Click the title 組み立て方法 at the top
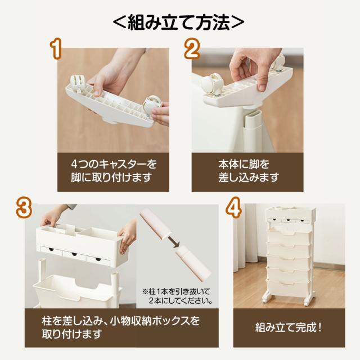[x=179, y=22]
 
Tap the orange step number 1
[x=56, y=48]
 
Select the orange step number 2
[x=192, y=48]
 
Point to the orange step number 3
[x=24, y=208]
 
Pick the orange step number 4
[x=233, y=208]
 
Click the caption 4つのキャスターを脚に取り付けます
[x=114, y=171]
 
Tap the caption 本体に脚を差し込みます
[x=249, y=171]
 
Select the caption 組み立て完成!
[x=289, y=327]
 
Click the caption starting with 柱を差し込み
[x=120, y=327]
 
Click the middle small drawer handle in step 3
[x=74, y=254]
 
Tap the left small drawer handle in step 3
[x=51, y=249]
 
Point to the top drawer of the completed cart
[x=290, y=235]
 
